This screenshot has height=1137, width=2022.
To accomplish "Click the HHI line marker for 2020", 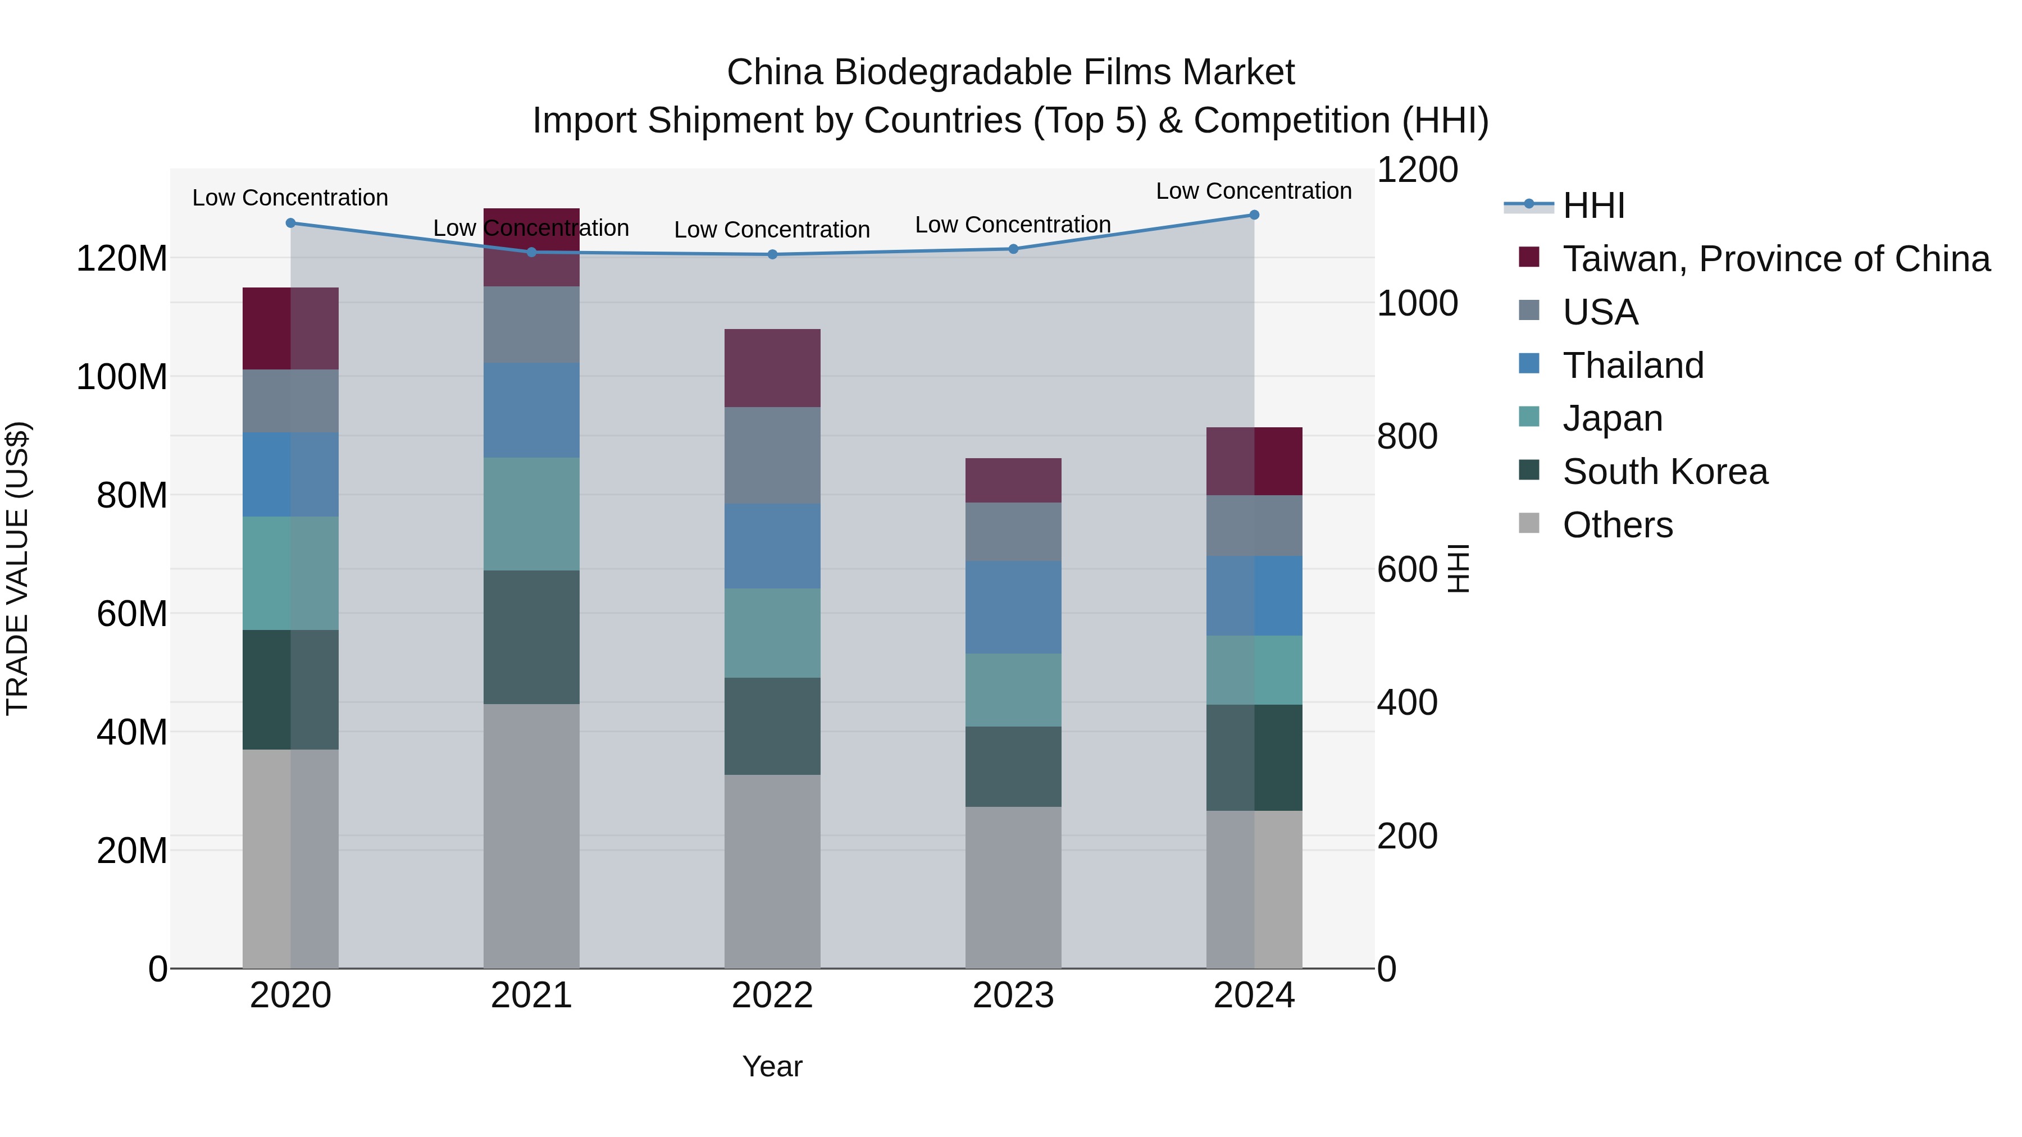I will coord(290,223).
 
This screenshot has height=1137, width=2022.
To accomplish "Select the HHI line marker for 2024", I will coord(1254,214).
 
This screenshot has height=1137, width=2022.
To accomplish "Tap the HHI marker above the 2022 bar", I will coord(772,254).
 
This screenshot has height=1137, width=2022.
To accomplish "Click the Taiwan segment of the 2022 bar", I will coord(772,367).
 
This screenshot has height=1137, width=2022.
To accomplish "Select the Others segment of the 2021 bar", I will coord(531,835).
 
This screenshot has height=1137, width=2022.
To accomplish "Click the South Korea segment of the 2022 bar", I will coord(772,726).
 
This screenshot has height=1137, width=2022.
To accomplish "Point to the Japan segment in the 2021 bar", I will coord(531,513).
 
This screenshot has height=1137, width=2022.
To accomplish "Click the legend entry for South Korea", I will coord(1664,472).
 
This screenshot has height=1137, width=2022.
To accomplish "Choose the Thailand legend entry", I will coord(1633,366).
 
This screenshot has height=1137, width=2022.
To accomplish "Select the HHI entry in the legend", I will coord(1593,206).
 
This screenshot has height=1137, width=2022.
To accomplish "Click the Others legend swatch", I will coord(1529,523).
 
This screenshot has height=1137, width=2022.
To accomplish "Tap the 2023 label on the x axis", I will coord(1013,996).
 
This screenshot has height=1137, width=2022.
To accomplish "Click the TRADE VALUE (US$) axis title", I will coord(17,568).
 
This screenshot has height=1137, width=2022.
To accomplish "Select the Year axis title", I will coord(772,1066).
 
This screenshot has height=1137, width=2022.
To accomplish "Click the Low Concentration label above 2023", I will coord(1013,225).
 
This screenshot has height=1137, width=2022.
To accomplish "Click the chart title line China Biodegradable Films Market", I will coord(1010,72).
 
